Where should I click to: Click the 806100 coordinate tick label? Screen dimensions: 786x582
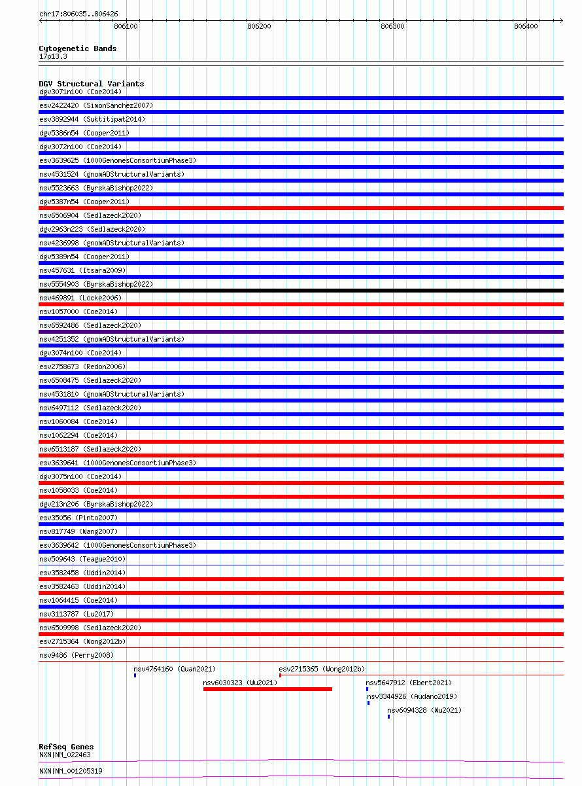coord(126,27)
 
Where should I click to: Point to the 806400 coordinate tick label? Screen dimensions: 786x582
coord(526,27)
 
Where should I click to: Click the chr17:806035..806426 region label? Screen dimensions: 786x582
coord(78,14)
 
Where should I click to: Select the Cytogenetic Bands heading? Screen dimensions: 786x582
coord(78,48)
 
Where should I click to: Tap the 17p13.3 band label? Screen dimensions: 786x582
coord(53,56)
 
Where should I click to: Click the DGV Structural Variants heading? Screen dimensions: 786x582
coord(92,84)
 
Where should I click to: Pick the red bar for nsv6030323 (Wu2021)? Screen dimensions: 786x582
coord(267,689)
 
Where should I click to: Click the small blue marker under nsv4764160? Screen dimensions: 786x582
coord(135,675)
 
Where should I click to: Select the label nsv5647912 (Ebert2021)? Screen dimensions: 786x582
coord(409,683)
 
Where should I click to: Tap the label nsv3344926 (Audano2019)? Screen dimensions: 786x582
coord(412,696)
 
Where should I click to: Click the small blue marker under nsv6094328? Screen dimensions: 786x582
coord(388,717)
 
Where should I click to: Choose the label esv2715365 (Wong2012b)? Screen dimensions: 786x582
coord(322,669)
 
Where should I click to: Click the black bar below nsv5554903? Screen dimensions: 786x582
coord(301,291)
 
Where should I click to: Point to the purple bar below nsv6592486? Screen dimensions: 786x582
coord(301,332)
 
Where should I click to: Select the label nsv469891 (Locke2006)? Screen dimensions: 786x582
coord(80,298)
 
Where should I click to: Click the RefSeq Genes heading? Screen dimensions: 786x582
coord(66,747)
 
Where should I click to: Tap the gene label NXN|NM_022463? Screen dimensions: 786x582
coord(65,755)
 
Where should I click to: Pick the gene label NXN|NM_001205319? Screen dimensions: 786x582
coord(71,771)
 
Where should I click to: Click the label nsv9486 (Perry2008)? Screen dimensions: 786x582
coord(77,655)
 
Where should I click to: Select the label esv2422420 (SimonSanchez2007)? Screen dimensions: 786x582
coord(96,105)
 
